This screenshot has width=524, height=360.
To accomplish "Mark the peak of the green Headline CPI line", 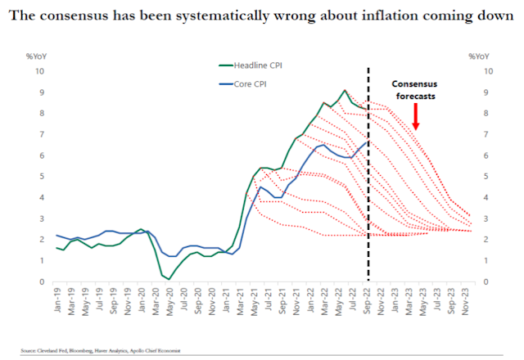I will (x=345, y=90).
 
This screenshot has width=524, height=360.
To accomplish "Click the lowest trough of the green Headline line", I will (x=169, y=279).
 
